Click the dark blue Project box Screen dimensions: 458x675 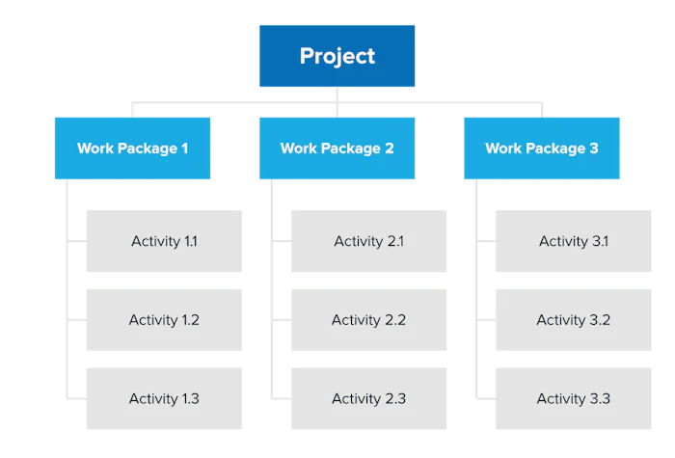pyautogui.click(x=336, y=57)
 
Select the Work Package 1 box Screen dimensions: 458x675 pyautogui.click(x=133, y=148)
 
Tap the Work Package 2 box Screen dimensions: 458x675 pyautogui.click(x=337, y=148)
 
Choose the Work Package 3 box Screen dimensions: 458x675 pyautogui.click(x=542, y=148)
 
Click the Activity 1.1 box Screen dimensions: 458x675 pyautogui.click(x=165, y=242)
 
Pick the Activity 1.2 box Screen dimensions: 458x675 pyautogui.click(x=165, y=320)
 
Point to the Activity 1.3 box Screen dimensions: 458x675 pyautogui.click(x=165, y=398)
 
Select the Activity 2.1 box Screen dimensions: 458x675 pyautogui.click(x=367, y=242)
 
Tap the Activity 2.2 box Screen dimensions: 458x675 pyautogui.click(x=367, y=320)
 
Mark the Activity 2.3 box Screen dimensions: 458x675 pyautogui.click(x=367, y=398)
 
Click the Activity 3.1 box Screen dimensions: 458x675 pyautogui.click(x=574, y=242)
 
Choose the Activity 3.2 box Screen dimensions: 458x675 pyautogui.click(x=574, y=320)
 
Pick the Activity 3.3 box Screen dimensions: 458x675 pyautogui.click(x=574, y=398)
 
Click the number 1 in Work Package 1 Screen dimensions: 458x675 pyautogui.click(x=184, y=148)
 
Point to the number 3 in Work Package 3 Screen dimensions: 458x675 pyautogui.click(x=594, y=148)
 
